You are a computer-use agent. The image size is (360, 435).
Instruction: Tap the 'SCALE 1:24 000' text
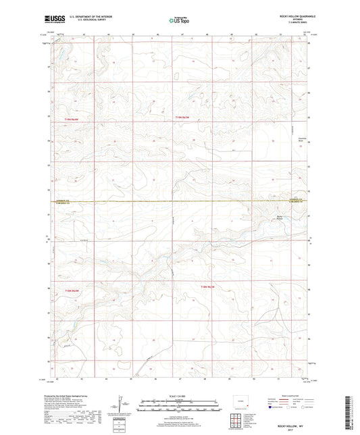[x=180, y=396]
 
